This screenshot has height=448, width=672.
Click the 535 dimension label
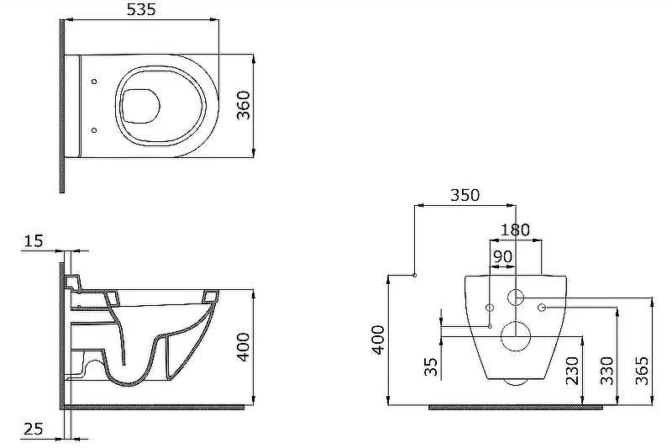coord(141,9)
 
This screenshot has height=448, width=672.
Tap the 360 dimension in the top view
coord(244,105)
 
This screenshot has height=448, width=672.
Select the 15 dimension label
coord(33,241)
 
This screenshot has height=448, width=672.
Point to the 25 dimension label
coord(33,429)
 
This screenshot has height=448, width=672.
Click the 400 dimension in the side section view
coord(244,347)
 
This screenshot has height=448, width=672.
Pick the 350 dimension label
coord(465,195)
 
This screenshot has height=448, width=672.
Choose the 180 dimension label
coord(515,229)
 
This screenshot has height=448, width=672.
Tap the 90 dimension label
coord(502,256)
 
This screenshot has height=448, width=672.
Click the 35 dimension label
coord(431,366)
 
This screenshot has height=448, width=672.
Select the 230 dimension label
coord(572,371)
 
